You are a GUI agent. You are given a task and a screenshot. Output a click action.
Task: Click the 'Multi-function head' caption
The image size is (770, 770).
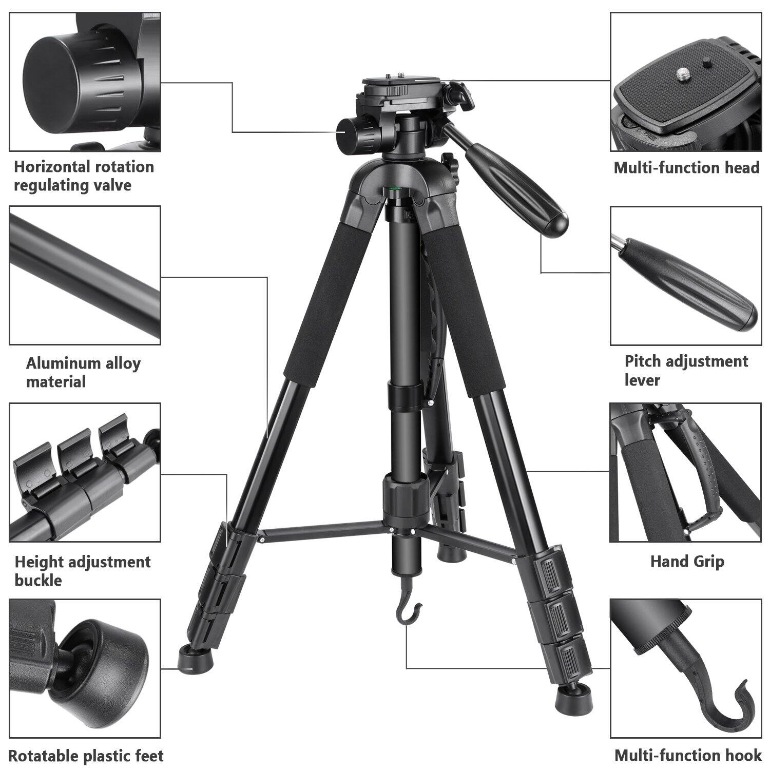click(686, 168)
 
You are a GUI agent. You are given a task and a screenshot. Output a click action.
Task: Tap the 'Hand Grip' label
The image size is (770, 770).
click(687, 561)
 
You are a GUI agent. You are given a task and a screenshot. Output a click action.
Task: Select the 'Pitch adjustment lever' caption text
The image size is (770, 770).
click(686, 370)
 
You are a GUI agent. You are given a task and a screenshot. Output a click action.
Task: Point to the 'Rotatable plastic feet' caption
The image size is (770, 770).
click(86, 756)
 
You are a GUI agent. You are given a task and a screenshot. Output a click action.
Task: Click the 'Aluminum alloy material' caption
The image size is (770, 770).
click(83, 372)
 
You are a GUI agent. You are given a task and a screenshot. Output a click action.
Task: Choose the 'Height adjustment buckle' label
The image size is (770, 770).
click(82, 571)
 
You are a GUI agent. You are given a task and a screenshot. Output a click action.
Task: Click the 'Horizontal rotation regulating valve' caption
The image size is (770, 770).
click(84, 176)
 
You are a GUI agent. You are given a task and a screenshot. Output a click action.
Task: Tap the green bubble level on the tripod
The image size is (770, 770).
click(396, 189)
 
